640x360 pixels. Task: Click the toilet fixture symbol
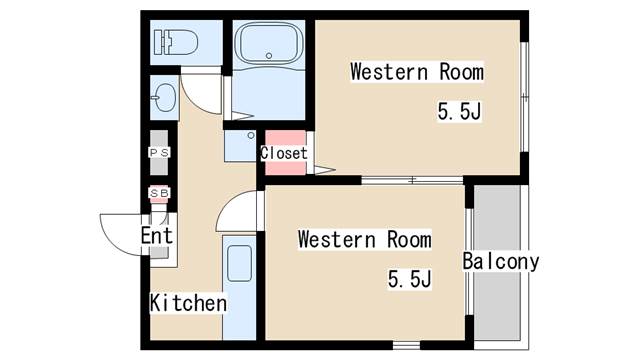click(x=176, y=42)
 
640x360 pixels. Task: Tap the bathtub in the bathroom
click(x=269, y=43)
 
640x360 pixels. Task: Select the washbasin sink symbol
click(x=164, y=98)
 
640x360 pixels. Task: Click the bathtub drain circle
click(x=269, y=56)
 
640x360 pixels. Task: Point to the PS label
click(x=159, y=153)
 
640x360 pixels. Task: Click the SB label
click(x=159, y=193)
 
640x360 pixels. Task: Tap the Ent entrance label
click(x=157, y=236)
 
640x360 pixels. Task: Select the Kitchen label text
click(x=188, y=303)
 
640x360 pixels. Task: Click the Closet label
click(x=284, y=153)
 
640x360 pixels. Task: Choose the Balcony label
click(x=501, y=261)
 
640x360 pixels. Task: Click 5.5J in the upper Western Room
click(x=460, y=111)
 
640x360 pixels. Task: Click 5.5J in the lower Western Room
click(x=409, y=280)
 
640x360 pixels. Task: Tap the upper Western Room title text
click(x=417, y=72)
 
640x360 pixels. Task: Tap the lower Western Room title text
click(x=364, y=239)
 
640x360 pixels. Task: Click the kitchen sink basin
click(x=239, y=263)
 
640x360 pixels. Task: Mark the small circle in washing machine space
click(x=251, y=136)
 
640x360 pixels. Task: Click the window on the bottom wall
click(x=406, y=346)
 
